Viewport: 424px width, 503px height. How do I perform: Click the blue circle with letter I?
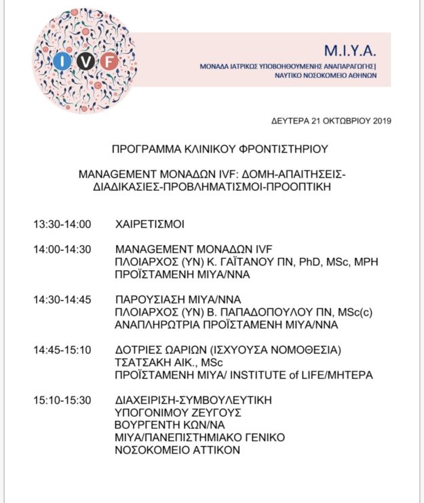coord(63,62)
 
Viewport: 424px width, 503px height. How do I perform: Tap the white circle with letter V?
coord(85,62)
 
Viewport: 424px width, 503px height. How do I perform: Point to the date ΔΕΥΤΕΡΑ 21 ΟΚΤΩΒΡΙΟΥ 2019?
coord(330,121)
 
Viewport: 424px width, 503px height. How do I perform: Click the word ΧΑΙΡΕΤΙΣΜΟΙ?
coord(150,224)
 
